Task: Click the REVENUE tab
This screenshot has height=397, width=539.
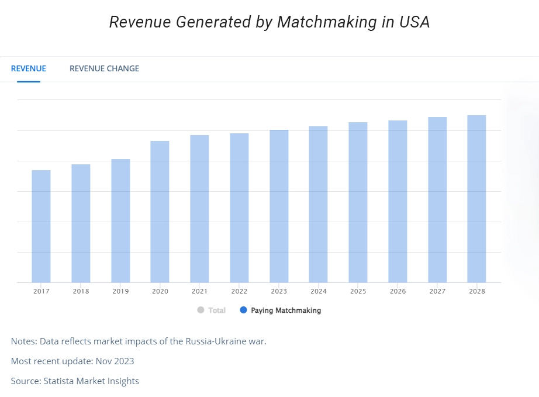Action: (x=28, y=68)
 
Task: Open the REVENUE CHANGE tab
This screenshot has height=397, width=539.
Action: (x=104, y=68)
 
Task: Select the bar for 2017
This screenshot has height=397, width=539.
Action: (x=41, y=226)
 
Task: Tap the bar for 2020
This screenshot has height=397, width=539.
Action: (x=160, y=212)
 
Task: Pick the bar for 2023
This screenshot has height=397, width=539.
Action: (x=279, y=206)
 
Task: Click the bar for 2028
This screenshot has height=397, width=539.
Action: (x=476, y=199)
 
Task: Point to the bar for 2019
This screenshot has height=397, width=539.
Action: (x=120, y=220)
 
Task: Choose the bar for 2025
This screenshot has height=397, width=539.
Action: (x=358, y=202)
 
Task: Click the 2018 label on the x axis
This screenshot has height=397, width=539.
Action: (x=81, y=291)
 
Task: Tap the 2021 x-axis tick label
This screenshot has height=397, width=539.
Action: (x=199, y=291)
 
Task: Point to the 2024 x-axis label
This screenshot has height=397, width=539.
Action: (x=318, y=291)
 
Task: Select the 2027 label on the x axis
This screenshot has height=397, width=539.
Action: (x=437, y=291)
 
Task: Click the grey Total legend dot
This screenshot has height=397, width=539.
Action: (x=201, y=310)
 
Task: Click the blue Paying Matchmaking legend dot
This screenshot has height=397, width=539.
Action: (x=243, y=310)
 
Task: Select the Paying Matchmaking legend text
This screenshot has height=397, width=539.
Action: (x=286, y=310)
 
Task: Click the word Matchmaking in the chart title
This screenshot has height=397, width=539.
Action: (x=327, y=22)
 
